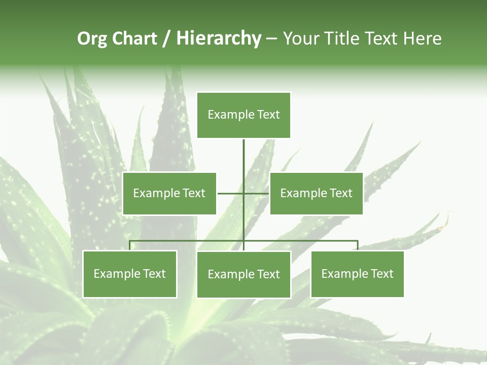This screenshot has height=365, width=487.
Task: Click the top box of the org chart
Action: tap(243, 115)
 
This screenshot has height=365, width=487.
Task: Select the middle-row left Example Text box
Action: tap(169, 193)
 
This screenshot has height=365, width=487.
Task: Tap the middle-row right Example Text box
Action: tap(316, 193)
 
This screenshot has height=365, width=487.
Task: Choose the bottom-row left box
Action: tap(129, 274)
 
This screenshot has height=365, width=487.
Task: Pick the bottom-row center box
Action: tap(243, 274)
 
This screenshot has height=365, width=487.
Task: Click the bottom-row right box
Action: tap(357, 274)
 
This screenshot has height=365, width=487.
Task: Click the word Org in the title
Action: tap(92, 39)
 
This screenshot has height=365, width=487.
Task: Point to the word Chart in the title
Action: tap(134, 39)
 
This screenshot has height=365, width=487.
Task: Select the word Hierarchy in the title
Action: tap(219, 39)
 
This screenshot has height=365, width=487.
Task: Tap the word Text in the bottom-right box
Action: tap(381, 274)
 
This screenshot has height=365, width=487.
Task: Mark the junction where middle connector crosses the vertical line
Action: tap(243, 193)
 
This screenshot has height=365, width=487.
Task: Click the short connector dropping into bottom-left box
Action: tap(129, 245)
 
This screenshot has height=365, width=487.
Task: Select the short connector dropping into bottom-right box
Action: tap(357, 245)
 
